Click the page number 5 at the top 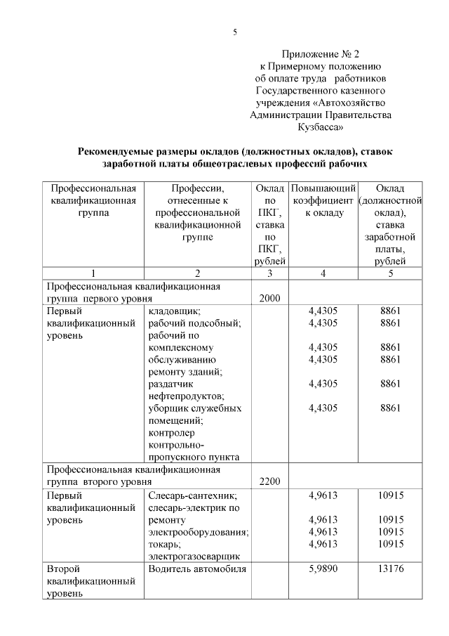point(236,32)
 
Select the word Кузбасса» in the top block point(321,128)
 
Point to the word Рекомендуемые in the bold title point(117,151)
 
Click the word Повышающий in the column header point(323,188)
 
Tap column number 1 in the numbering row point(93,273)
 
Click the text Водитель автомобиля point(197,569)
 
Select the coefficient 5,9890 point(323,569)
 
